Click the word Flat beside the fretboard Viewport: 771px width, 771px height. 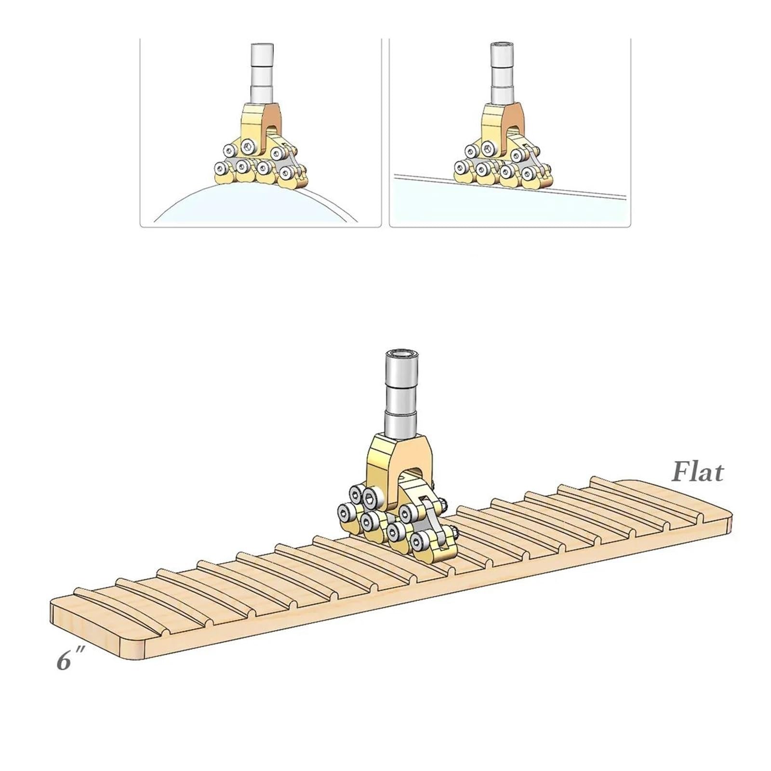(697, 472)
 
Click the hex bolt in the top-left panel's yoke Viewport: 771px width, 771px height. (247, 146)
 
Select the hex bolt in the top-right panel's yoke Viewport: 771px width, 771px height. (487, 147)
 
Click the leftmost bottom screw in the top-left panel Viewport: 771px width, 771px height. (221, 168)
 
